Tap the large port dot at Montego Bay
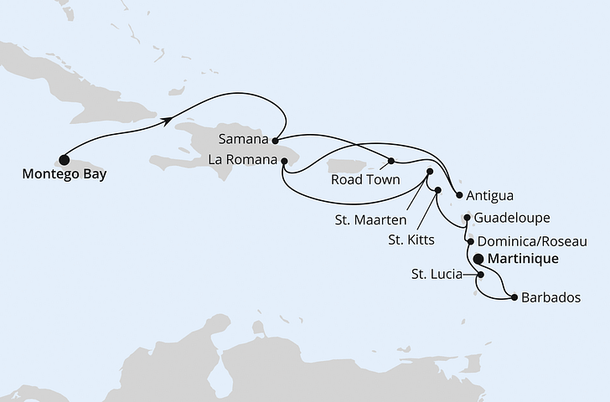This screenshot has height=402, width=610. click(64, 158)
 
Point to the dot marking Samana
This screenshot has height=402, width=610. click(275, 140)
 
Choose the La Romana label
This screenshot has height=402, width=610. click(245, 157)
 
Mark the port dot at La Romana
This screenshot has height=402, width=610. click(284, 158)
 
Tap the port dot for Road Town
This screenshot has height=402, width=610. click(391, 161)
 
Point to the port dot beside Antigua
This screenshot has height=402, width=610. click(459, 197)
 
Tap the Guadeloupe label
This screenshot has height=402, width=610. click(511, 218)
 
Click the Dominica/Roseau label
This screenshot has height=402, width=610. click(531, 240)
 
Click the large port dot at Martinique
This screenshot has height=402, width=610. click(479, 260)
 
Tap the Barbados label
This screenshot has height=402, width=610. click(551, 297)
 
